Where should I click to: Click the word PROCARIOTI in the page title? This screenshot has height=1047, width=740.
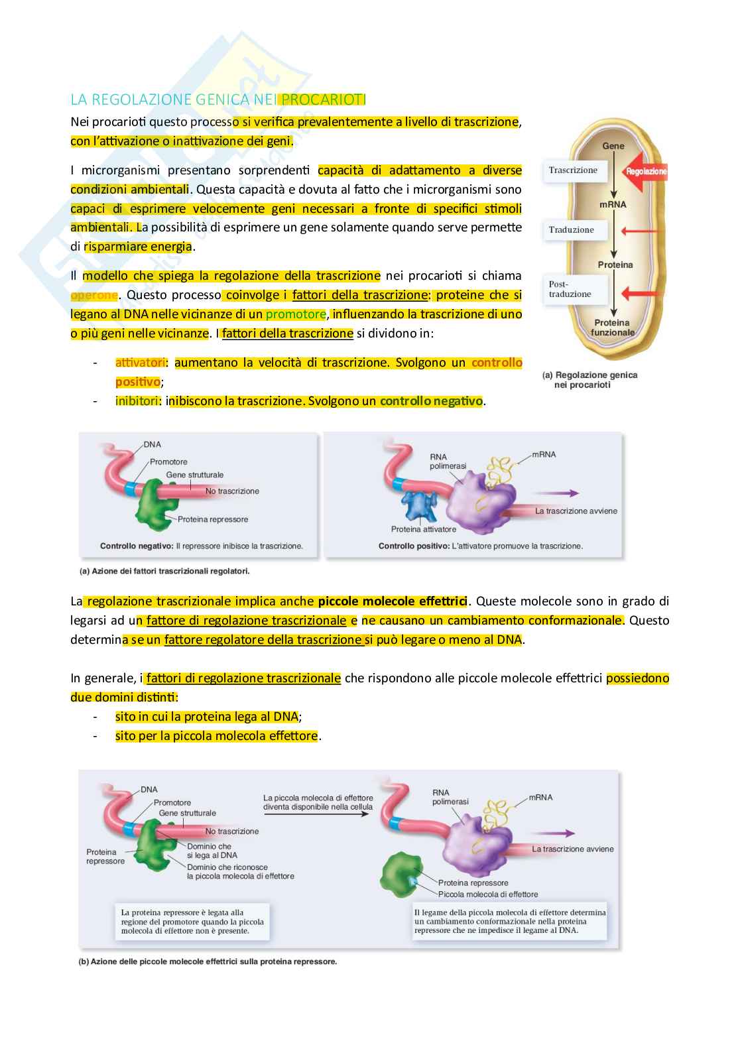[x=323, y=99]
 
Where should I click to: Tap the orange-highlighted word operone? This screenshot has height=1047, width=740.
[x=93, y=295]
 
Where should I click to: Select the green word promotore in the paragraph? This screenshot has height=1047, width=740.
[x=296, y=314]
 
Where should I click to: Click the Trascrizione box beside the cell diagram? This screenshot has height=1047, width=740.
[x=573, y=170]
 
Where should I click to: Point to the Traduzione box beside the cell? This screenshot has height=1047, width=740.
[x=572, y=230]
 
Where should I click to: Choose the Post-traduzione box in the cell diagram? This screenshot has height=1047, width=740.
[x=570, y=289]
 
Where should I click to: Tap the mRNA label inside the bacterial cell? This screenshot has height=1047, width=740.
[x=613, y=204]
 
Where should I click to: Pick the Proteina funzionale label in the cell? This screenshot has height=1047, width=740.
[x=613, y=328]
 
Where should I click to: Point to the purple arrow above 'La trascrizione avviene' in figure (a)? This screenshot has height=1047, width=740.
[x=556, y=493]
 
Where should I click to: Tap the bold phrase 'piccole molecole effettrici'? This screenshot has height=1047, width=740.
[x=393, y=601]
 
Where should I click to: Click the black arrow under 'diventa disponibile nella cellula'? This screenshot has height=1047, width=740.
[x=316, y=814]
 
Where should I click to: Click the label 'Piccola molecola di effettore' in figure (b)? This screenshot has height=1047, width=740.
[x=488, y=894]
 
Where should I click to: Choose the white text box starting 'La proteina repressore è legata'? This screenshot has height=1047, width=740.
[x=192, y=922]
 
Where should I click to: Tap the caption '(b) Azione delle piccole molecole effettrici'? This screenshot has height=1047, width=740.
[x=208, y=961]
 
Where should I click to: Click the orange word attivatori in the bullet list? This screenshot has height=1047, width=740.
[x=140, y=363]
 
